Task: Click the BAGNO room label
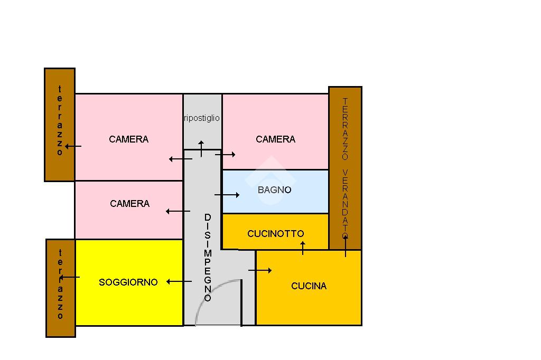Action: pos(274,190)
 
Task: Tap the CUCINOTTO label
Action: pos(275,233)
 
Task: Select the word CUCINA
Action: pos(309,286)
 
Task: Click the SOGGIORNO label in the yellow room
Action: pos(128,282)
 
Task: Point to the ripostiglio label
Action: pos(202,118)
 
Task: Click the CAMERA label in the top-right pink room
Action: pos(275,139)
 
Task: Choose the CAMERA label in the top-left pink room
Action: pos(128,139)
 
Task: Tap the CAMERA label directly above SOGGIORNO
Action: pos(129,204)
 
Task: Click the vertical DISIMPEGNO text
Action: pos(208,258)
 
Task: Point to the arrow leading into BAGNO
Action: pos(227,195)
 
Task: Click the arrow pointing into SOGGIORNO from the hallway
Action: pos(179,282)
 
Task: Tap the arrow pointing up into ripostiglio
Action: pos(201,148)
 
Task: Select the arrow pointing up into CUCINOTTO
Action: pos(303,248)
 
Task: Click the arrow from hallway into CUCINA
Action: pos(260,270)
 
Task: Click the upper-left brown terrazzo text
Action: pos(60,121)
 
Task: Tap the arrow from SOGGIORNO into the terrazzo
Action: pos(69,277)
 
